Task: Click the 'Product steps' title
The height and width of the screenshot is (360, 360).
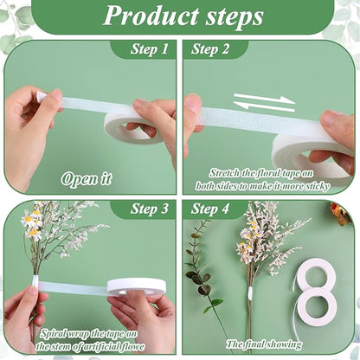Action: point(183,16)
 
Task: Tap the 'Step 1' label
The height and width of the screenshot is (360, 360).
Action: point(149,48)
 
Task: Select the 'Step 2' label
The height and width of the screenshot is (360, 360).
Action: point(210,48)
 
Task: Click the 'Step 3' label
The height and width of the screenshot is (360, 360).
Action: point(149,209)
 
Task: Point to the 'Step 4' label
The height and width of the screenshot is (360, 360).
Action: point(210,209)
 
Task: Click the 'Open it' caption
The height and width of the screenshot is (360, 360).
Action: point(87,179)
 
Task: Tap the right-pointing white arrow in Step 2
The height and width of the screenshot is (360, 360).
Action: point(264,99)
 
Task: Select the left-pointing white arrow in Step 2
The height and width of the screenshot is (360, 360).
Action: point(264,106)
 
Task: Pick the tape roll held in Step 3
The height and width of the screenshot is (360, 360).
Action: point(137,286)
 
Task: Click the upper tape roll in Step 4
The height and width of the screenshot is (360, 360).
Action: point(315,273)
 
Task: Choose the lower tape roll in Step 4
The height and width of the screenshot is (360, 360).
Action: point(317,305)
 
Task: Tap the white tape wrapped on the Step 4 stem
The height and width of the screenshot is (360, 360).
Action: point(250,292)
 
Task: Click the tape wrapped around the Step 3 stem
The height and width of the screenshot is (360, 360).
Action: point(35,280)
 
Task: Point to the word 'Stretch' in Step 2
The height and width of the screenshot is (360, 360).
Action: point(224,173)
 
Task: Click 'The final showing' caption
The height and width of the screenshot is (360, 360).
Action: point(264,344)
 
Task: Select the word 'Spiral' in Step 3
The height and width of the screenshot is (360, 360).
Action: point(54,334)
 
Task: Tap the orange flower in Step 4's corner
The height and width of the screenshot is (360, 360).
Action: point(342,214)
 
